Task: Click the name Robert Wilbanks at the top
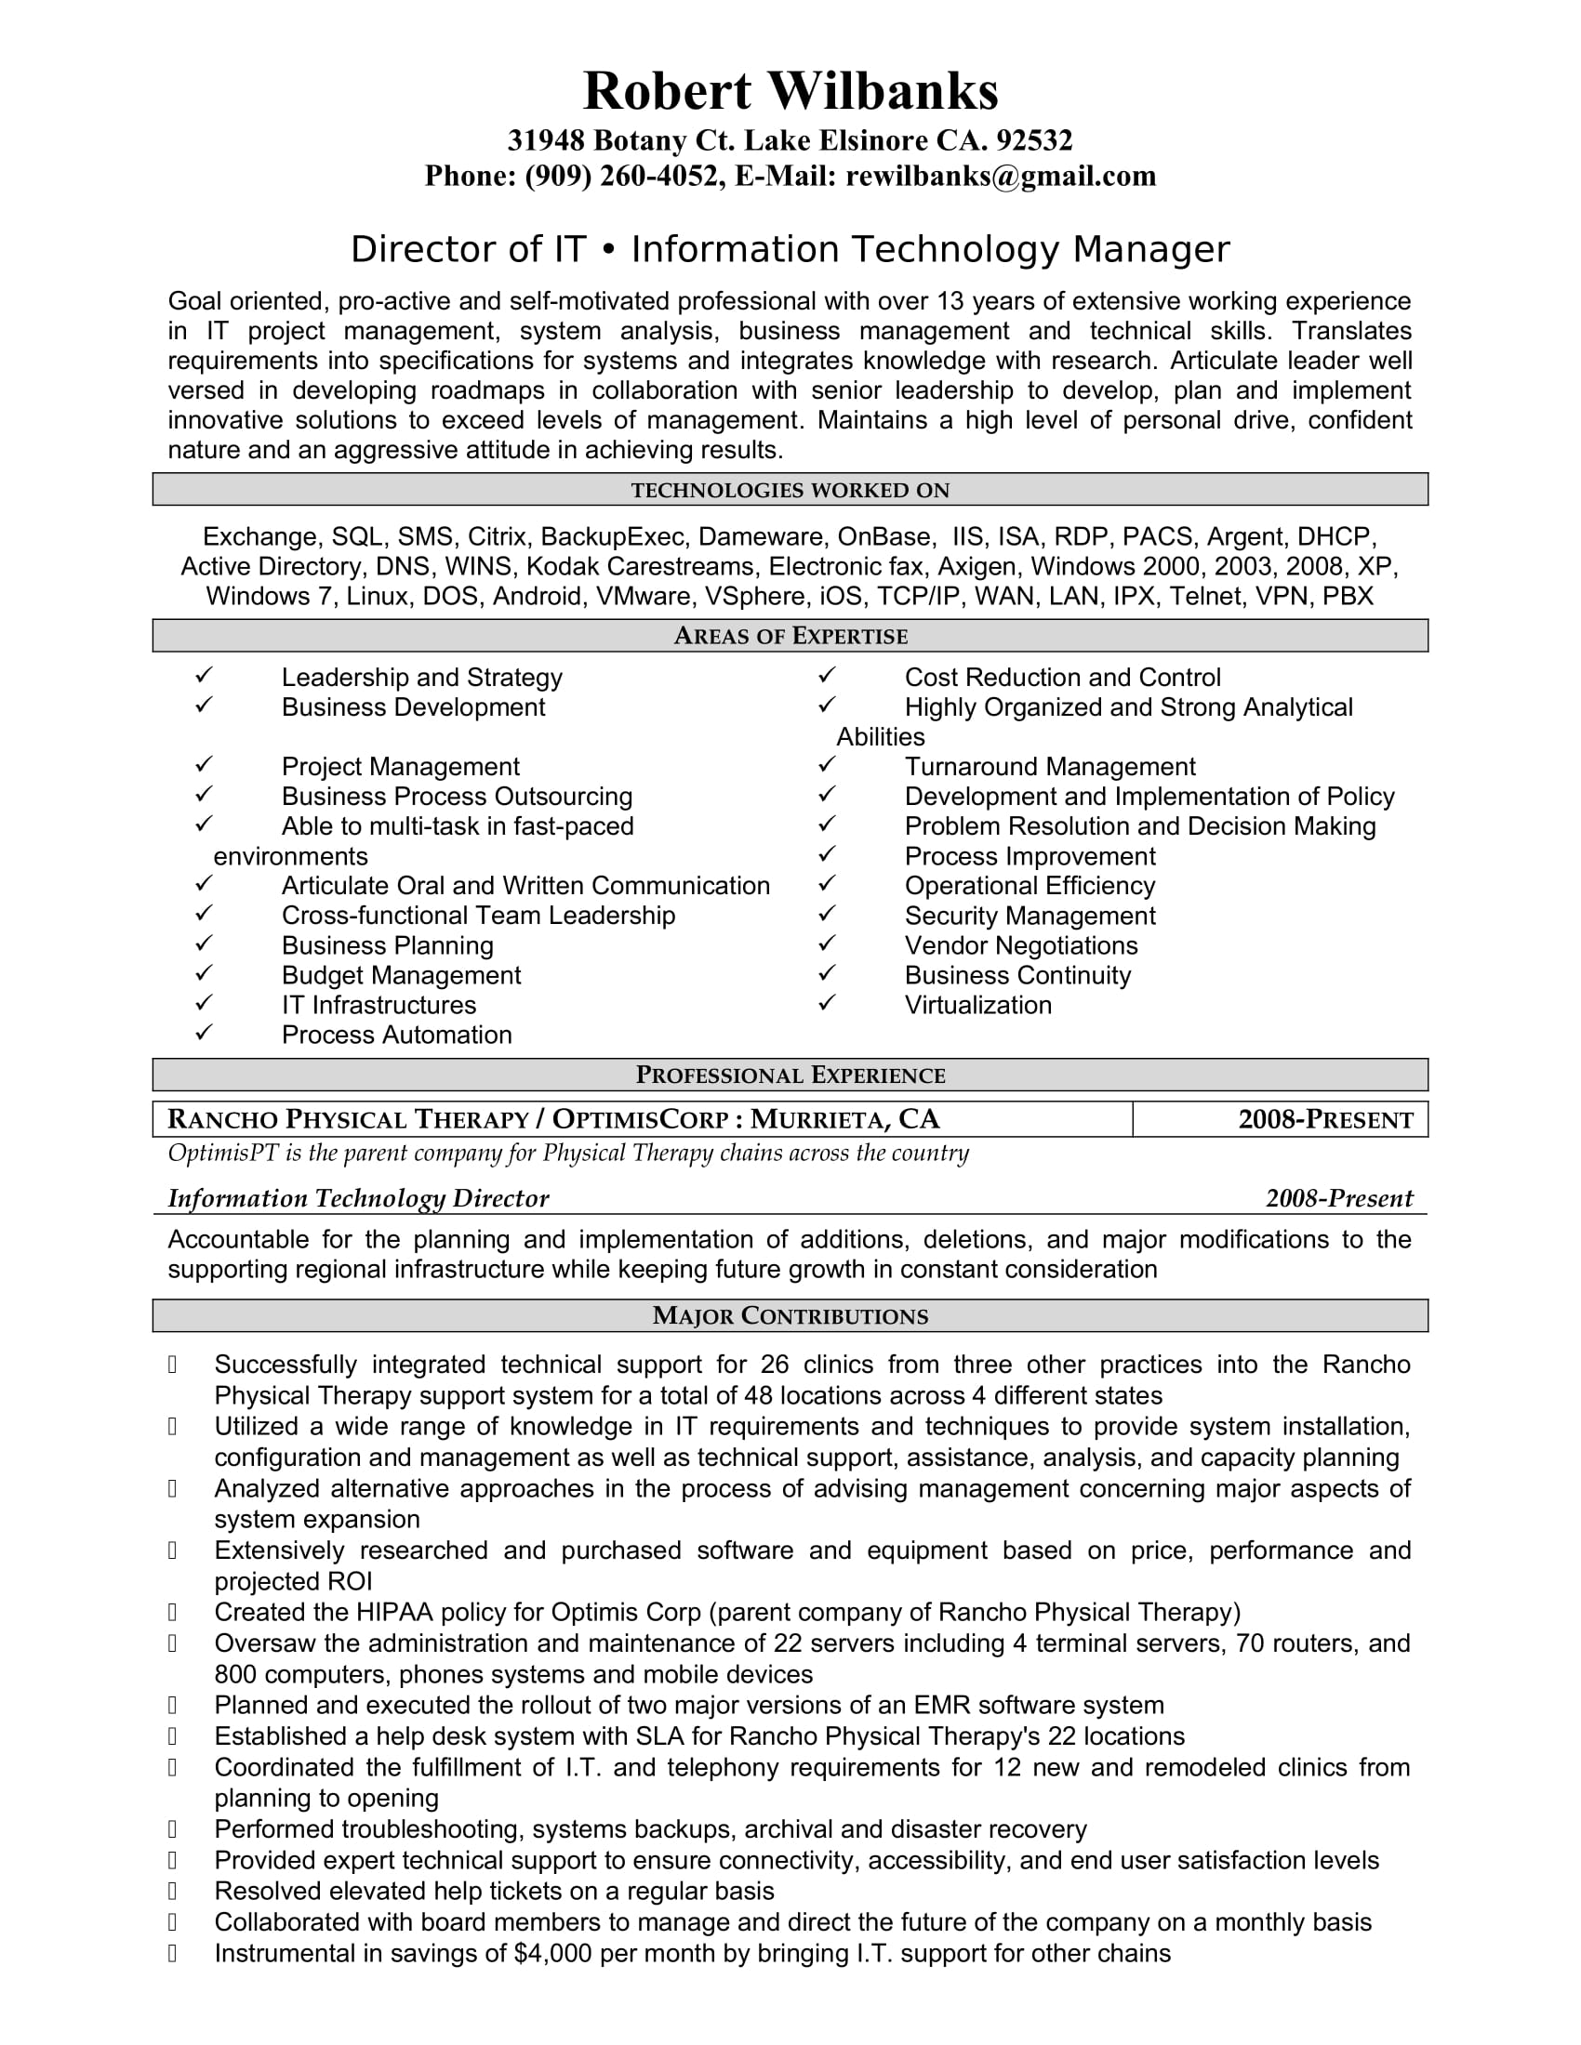pyautogui.click(x=790, y=91)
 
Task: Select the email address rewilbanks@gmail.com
pyautogui.click(x=1001, y=176)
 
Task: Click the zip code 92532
pyautogui.click(x=1034, y=140)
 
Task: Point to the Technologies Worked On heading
pyautogui.click(x=790, y=490)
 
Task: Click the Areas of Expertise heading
pyautogui.click(x=790, y=636)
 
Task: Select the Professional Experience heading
pyautogui.click(x=790, y=1075)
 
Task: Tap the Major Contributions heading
pyautogui.click(x=790, y=1315)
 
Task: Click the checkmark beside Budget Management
pyautogui.click(x=205, y=974)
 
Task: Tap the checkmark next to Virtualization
pyautogui.click(x=826, y=1004)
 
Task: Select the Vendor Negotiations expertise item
pyautogui.click(x=1021, y=945)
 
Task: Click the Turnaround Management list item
pyautogui.click(x=1050, y=767)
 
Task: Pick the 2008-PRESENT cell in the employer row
pyautogui.click(x=1325, y=1120)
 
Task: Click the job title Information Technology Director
pyautogui.click(x=358, y=1198)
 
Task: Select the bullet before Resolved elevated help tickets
pyautogui.click(x=173, y=1891)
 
